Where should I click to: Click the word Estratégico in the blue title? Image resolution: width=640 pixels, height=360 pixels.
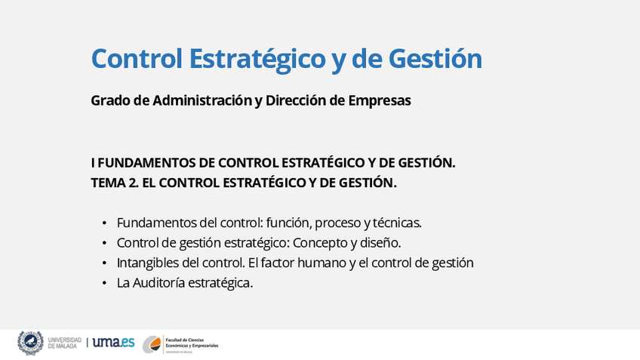click(x=257, y=58)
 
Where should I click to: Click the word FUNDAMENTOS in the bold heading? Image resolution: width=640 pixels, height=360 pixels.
click(x=146, y=163)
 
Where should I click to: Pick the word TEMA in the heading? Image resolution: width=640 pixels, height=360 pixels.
click(x=108, y=183)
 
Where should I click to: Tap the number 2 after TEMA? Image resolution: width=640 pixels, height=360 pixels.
click(x=133, y=183)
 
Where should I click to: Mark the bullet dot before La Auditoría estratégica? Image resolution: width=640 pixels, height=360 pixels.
click(x=104, y=283)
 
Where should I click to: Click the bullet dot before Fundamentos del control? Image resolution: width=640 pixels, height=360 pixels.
click(x=104, y=223)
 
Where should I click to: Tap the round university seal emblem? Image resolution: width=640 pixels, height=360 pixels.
click(x=30, y=343)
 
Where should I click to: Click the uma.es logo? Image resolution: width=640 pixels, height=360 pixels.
click(x=113, y=342)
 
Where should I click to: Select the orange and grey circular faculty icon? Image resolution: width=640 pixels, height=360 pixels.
click(x=152, y=344)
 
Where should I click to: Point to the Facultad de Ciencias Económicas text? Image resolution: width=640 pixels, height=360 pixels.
click(x=192, y=343)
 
